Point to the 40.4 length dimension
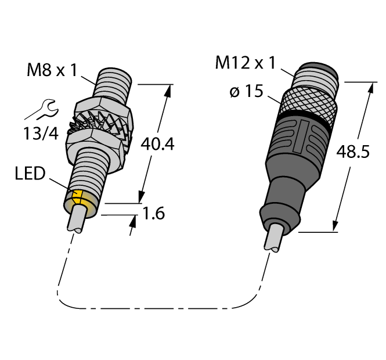(156, 145)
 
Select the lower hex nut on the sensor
(98, 141)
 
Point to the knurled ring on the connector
(308, 103)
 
